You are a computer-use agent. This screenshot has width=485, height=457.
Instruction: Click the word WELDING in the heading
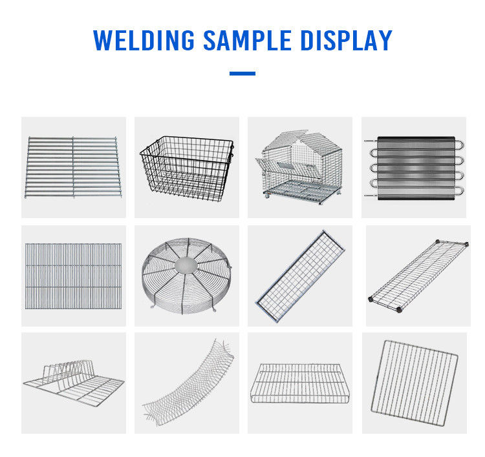click(x=144, y=40)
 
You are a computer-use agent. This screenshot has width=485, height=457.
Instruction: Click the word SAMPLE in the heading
click(x=247, y=40)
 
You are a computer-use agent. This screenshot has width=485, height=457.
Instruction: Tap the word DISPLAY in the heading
click(x=346, y=40)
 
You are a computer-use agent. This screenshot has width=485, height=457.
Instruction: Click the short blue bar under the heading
click(x=242, y=74)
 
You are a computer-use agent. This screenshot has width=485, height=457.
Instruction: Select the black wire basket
click(x=187, y=168)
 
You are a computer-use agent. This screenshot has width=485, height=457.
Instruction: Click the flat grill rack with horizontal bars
click(x=73, y=167)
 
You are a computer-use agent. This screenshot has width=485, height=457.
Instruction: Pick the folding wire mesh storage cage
click(x=299, y=167)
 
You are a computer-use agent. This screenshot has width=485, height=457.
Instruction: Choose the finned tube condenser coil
click(x=415, y=168)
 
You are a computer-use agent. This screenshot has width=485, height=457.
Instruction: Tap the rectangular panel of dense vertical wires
click(x=73, y=276)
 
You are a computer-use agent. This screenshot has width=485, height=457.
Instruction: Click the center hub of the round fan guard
click(x=186, y=265)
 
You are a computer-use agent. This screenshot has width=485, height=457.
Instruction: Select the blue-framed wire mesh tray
click(x=300, y=276)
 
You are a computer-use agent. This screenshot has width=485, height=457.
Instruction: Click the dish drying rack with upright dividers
click(x=74, y=382)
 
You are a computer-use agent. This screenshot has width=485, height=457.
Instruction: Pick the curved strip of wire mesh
click(x=188, y=383)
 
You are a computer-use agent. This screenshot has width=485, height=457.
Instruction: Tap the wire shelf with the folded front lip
click(x=300, y=383)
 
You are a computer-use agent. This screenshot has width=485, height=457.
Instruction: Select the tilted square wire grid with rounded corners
click(x=415, y=383)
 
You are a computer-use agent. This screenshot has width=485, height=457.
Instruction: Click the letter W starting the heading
click(x=102, y=40)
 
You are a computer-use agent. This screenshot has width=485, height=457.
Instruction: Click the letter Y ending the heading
click(x=385, y=40)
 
